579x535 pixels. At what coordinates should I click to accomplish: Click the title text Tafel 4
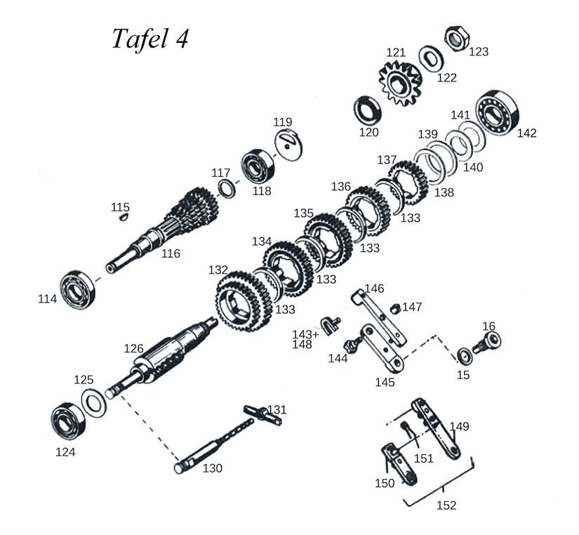(149, 39)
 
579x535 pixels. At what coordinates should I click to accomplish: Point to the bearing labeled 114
(76, 289)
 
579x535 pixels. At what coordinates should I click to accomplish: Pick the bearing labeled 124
(67, 420)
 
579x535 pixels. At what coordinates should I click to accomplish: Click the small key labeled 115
(121, 217)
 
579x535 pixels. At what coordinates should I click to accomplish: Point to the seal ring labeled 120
(368, 109)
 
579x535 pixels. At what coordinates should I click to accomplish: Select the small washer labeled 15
(465, 355)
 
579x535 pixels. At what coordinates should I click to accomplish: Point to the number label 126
(133, 348)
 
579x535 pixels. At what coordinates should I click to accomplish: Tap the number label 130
(213, 468)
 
